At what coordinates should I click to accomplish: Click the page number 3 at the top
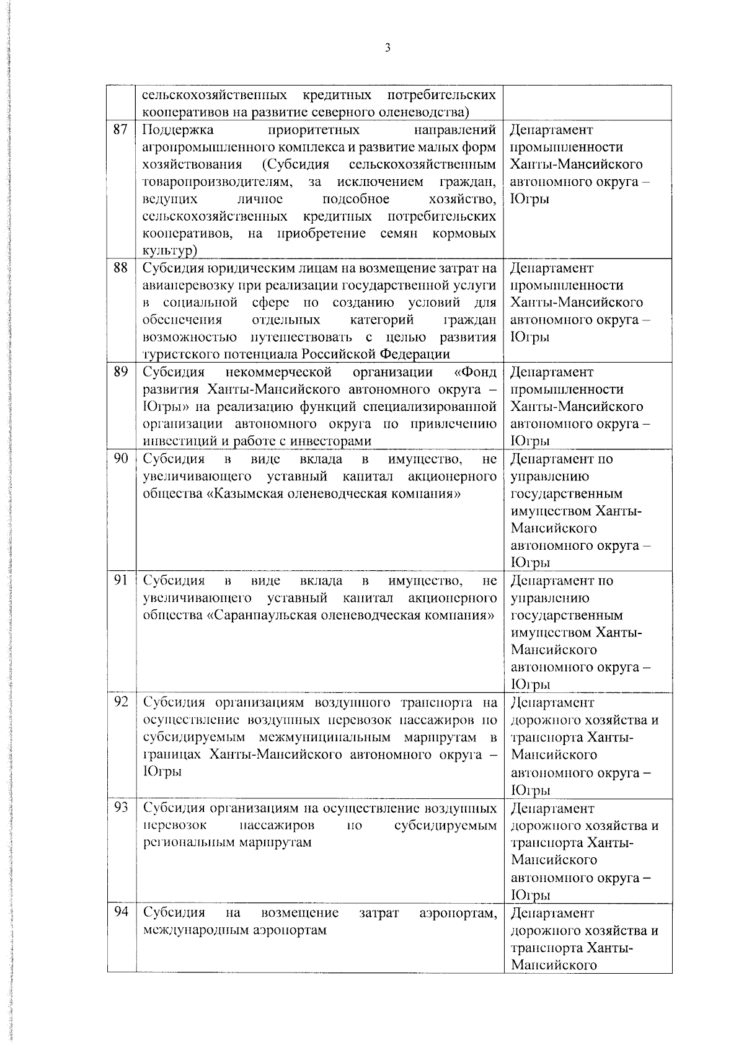[x=387, y=48]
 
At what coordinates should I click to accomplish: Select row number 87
[x=120, y=130]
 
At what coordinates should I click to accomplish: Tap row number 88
[x=120, y=268]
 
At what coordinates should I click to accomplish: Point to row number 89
[x=120, y=372]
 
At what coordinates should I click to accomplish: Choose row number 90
[x=120, y=459]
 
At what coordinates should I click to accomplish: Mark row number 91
[x=120, y=580]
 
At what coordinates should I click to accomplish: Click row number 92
[x=120, y=702]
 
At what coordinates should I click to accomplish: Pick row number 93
[x=120, y=808]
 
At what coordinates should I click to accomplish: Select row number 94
[x=120, y=912]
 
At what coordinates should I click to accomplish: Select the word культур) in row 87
[x=170, y=250]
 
